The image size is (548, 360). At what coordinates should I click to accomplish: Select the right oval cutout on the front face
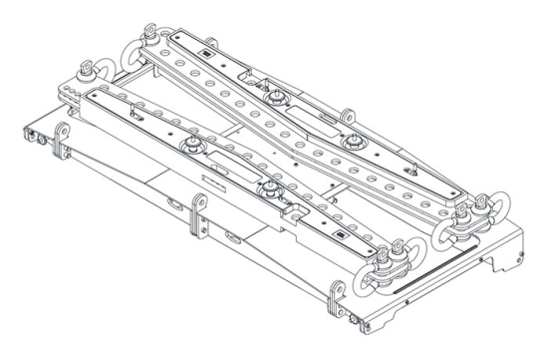232,239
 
